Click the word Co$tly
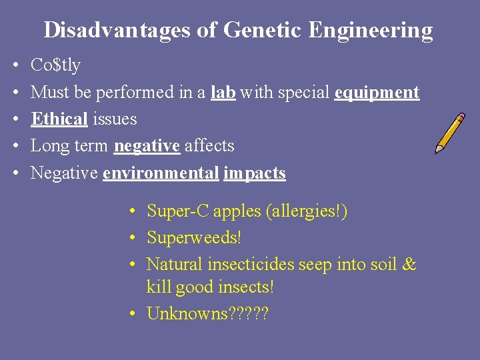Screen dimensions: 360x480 point(55,65)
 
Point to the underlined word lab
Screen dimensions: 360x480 point(223,92)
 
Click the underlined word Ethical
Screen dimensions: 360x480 point(59,119)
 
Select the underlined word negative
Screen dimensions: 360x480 point(147,146)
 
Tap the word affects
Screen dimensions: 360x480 point(209,145)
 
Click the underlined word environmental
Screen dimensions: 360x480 point(161,173)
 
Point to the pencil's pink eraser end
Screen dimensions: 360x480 point(461,117)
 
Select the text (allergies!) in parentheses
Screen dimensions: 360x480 point(306,212)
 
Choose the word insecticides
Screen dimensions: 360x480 point(250,264)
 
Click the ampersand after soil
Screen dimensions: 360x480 point(409,264)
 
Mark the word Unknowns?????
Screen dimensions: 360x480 point(207,313)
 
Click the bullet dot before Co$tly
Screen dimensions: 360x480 point(15,66)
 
